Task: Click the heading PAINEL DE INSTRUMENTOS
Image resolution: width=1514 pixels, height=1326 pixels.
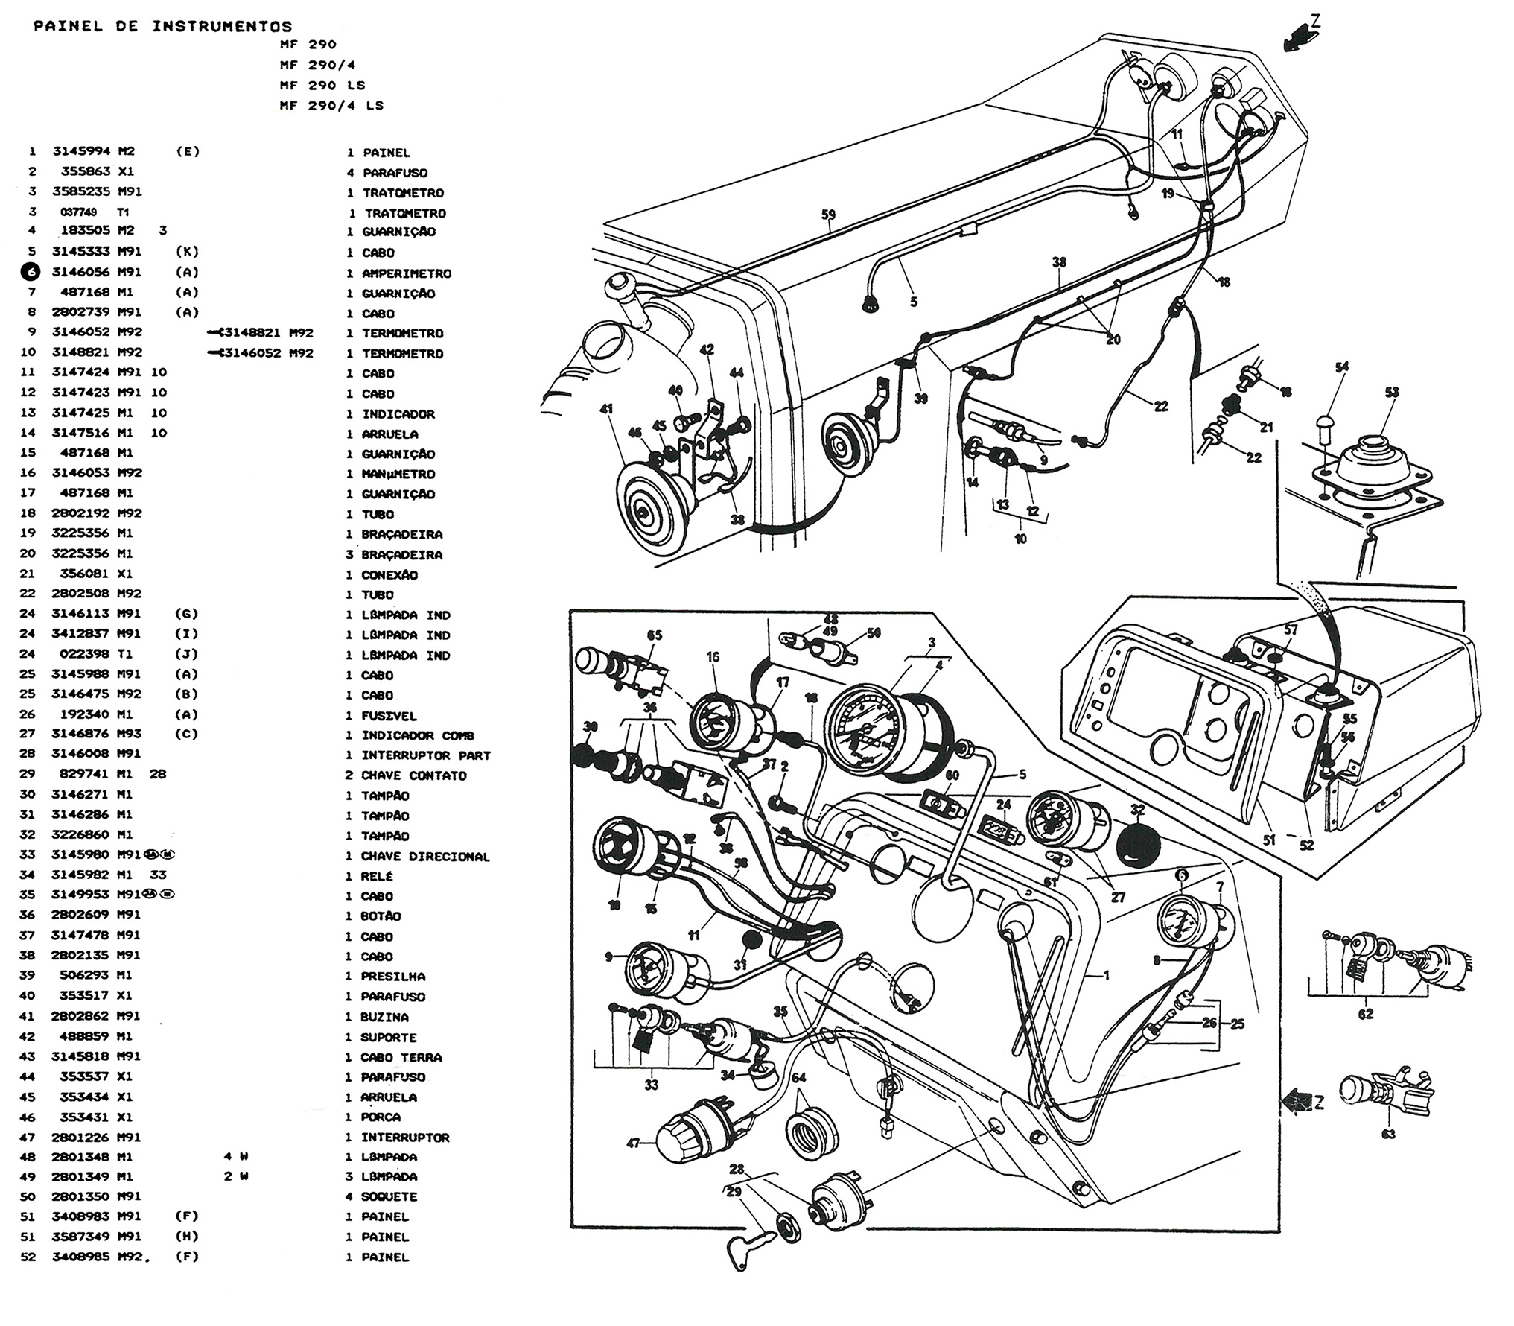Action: (x=163, y=27)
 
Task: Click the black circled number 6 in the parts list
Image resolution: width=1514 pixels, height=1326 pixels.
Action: (x=31, y=273)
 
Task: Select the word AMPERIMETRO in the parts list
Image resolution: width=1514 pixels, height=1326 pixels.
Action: (x=407, y=273)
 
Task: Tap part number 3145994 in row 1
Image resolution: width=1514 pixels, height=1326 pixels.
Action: (x=81, y=151)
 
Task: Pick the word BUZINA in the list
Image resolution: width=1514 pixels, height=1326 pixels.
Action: (x=385, y=1017)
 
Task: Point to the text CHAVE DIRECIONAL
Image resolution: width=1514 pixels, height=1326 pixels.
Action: (x=425, y=857)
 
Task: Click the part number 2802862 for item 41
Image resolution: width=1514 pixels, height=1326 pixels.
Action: (x=81, y=1016)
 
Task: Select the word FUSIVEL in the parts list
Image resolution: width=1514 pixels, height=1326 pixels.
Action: (x=389, y=715)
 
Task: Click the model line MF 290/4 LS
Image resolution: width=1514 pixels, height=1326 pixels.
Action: (x=331, y=106)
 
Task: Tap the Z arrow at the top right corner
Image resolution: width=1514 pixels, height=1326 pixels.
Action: (x=1301, y=35)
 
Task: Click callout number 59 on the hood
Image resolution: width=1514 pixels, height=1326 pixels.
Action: (x=828, y=215)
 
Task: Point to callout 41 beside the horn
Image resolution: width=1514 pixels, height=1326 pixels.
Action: (x=606, y=409)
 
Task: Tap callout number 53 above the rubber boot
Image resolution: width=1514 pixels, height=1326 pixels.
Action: (x=1391, y=393)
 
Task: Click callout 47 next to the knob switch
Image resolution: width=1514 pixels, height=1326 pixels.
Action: (x=633, y=1143)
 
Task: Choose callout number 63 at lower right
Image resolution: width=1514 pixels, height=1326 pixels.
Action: (x=1388, y=1134)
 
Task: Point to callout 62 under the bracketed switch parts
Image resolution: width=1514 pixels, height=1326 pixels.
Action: (x=1366, y=1014)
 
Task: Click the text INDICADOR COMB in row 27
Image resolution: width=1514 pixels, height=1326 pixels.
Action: (x=418, y=735)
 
